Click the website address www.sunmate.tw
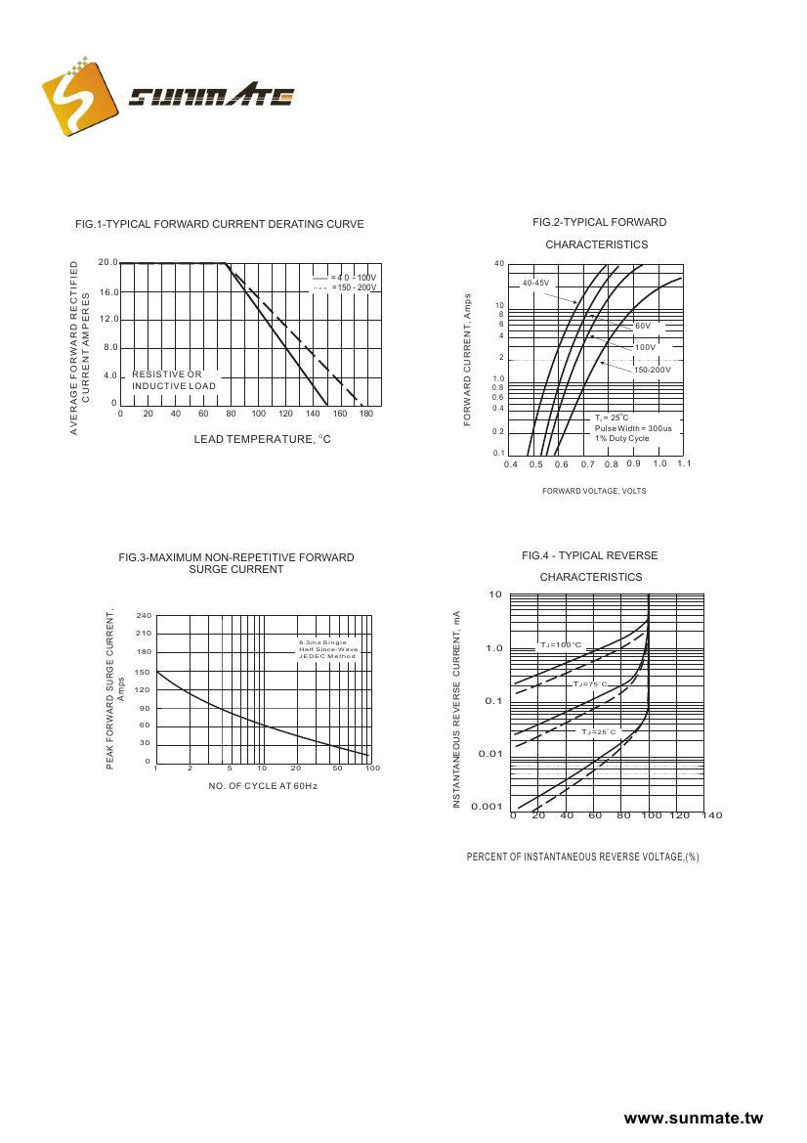(x=693, y=1119)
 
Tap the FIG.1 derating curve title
(x=220, y=224)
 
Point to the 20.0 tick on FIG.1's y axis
(x=107, y=262)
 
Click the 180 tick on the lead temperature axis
(x=367, y=414)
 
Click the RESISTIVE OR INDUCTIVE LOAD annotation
(x=173, y=380)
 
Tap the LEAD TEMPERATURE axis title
(x=262, y=439)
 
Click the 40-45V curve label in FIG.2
(x=535, y=283)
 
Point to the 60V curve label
(x=643, y=326)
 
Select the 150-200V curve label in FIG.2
(x=652, y=370)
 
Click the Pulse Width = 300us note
(x=633, y=428)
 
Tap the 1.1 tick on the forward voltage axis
(x=683, y=463)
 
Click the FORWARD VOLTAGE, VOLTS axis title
(x=594, y=491)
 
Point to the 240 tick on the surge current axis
(x=144, y=615)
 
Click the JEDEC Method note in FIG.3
(x=327, y=655)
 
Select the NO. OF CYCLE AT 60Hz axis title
(x=263, y=786)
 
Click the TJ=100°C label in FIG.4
(x=561, y=645)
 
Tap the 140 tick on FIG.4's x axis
(x=712, y=815)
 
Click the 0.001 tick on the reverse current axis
(x=487, y=807)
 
